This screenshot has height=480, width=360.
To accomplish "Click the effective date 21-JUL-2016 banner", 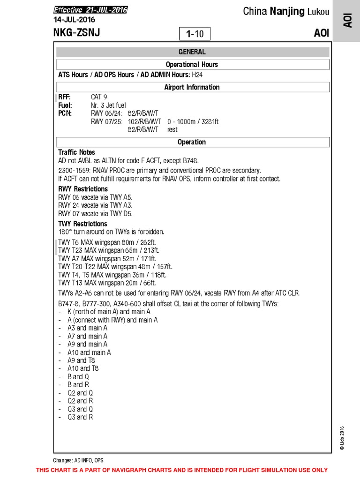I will [x=90, y=10].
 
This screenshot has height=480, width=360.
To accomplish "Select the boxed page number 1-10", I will [x=195, y=34].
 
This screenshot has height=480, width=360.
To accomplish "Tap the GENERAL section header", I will [x=192, y=52].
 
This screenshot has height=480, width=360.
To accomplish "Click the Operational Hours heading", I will [x=192, y=65].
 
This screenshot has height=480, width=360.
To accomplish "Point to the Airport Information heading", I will [x=192, y=87].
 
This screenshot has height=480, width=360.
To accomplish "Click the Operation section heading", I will [x=192, y=142].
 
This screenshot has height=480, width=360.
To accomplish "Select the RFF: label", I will [x=65, y=97].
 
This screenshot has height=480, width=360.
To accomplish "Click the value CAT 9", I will [x=99, y=97].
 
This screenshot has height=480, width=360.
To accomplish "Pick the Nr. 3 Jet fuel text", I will [x=108, y=105].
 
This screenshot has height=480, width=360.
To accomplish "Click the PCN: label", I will [x=65, y=113].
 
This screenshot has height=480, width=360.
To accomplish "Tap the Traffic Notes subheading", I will [x=76, y=152].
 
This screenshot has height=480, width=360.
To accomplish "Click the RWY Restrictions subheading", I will [x=83, y=189].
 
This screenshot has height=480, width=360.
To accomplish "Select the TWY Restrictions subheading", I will [x=82, y=224].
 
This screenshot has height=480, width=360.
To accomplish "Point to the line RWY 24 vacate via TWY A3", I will [x=95, y=205].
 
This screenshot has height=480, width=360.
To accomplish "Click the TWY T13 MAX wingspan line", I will [x=107, y=283].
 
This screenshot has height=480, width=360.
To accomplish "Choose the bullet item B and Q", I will [x=78, y=377].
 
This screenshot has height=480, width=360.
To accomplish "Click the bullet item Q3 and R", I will [x=80, y=417].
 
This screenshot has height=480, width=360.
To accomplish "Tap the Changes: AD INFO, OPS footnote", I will [x=78, y=460].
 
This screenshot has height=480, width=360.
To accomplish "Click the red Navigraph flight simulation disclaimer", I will [x=182, y=470].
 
